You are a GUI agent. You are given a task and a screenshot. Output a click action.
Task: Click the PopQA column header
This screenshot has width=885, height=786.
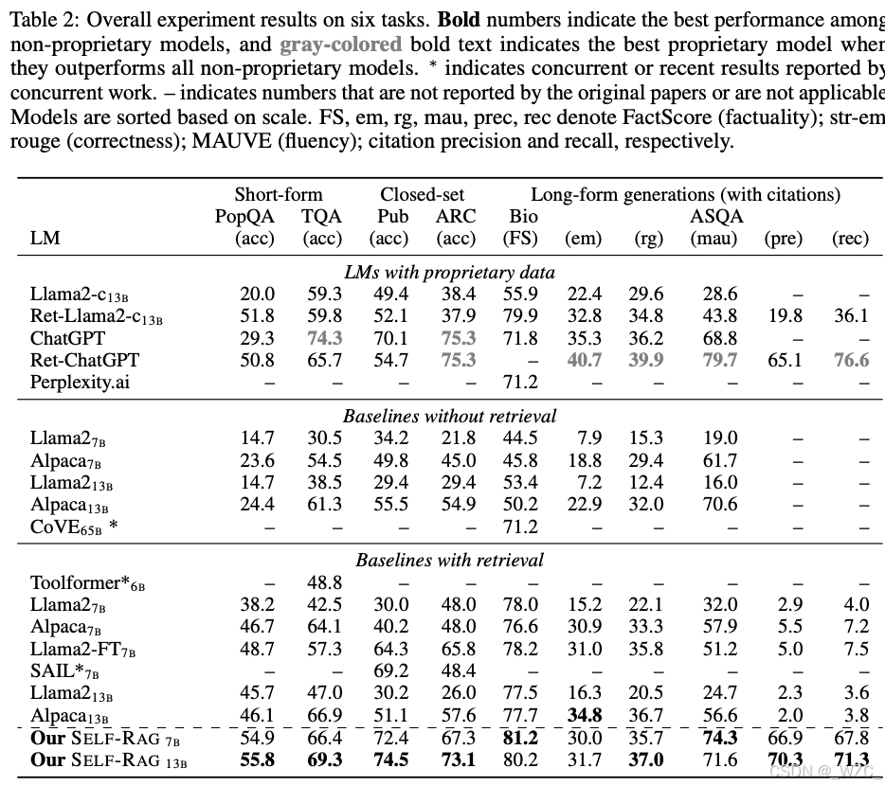pos(244,216)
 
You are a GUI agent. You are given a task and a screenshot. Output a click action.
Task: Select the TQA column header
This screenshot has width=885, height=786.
pos(321,216)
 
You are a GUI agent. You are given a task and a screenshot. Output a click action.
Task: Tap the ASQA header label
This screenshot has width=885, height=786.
pos(715,216)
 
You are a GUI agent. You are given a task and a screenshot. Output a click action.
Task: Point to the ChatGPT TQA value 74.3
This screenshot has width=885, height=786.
pos(322,338)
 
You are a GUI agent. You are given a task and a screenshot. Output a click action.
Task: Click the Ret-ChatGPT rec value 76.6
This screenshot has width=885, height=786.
pos(850,360)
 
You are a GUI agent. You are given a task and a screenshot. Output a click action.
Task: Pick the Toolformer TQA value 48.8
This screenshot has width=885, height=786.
pos(322,582)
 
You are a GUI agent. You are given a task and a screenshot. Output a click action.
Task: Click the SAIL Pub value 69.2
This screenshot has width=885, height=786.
pos(390,670)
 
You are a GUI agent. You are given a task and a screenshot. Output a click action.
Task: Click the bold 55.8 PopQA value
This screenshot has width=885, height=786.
pos(257,759)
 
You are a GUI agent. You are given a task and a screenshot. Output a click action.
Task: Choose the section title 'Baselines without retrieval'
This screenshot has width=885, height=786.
pos(449,416)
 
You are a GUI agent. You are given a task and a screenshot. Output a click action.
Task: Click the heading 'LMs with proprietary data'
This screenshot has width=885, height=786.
pos(449,273)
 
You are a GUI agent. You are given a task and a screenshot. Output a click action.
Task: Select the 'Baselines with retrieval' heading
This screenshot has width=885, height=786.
pos(449,560)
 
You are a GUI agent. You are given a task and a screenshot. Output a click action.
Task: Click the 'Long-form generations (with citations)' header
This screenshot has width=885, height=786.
pos(685,194)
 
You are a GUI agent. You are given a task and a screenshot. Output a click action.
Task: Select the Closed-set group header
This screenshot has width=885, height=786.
pos(423,194)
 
